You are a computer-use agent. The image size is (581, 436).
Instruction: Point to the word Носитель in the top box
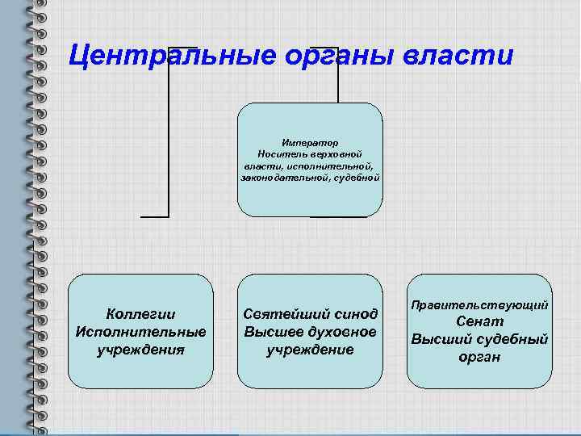(281, 153)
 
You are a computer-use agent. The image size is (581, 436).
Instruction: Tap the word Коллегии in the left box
(140, 314)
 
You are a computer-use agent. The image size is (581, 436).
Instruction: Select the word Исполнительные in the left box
(140, 332)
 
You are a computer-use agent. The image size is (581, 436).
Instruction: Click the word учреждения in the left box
(140, 350)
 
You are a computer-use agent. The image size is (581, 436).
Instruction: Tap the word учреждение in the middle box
(310, 350)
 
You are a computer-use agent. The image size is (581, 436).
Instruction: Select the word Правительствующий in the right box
(480, 305)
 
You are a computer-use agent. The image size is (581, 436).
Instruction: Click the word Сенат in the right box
(480, 321)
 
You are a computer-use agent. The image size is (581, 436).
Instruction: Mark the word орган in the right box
(480, 356)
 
